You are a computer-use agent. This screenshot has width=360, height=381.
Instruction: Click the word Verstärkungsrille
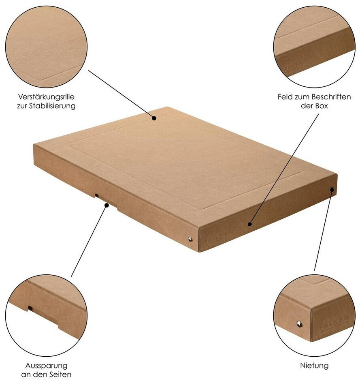(46, 97)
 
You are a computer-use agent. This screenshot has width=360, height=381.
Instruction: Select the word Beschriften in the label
(332, 97)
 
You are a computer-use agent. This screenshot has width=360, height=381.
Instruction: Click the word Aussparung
(46, 366)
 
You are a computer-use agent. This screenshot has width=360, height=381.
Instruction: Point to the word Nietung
(314, 366)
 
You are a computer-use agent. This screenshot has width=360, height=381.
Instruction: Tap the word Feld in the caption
(285, 97)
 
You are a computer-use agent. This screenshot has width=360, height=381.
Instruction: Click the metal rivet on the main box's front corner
(190, 239)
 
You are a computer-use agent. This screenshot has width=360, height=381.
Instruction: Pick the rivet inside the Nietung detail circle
(300, 324)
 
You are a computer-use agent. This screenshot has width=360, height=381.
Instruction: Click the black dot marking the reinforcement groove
(154, 118)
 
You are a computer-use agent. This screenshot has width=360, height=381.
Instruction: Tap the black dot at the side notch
(107, 205)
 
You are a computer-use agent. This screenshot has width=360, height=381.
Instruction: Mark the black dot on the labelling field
(250, 224)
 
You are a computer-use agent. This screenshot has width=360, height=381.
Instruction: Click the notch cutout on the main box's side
(106, 201)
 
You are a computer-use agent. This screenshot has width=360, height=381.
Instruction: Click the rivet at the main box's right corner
(332, 189)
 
